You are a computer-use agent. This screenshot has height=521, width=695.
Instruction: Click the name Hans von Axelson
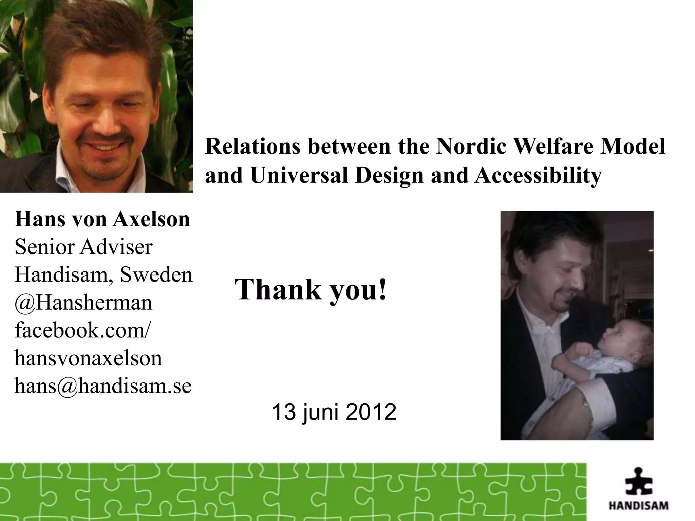tap(102, 219)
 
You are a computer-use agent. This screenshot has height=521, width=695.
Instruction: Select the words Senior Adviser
tap(83, 247)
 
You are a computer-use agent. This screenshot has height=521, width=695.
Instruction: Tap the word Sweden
tap(156, 275)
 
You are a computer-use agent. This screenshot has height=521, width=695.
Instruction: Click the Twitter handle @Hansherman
tap(83, 303)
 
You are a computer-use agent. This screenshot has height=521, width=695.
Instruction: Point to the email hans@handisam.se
tap(103, 386)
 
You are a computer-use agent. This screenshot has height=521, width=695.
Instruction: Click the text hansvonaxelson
tap(88, 358)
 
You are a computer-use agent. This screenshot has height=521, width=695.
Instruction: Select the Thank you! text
tap(311, 289)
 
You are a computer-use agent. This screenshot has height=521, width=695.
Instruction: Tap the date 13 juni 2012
tap(334, 412)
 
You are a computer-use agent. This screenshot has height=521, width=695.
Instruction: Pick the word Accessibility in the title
tap(538, 175)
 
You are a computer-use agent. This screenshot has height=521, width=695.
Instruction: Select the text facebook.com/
tap(82, 330)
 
